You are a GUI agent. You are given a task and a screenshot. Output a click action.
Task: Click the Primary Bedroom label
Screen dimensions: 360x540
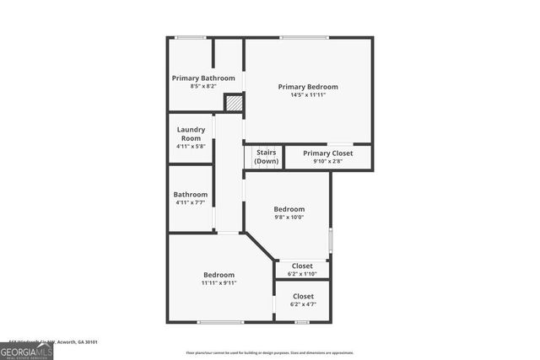click(x=308, y=87)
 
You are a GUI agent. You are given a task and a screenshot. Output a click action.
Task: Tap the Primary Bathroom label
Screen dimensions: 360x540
click(x=203, y=78)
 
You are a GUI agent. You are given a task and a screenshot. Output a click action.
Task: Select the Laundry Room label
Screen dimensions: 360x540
click(x=191, y=133)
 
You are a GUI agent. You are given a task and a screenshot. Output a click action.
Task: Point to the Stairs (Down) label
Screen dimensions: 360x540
click(x=267, y=157)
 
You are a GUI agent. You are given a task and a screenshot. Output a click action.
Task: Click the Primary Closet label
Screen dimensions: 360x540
click(x=327, y=153)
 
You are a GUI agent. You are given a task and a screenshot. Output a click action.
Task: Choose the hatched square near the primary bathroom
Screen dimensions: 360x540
click(x=234, y=103)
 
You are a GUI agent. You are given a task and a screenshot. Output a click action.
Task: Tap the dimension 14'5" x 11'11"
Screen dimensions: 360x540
click(x=308, y=95)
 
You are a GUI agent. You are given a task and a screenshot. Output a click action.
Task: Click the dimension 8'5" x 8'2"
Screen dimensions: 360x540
click(x=203, y=86)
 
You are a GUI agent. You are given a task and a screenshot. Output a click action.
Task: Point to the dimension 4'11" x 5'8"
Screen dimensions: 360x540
click(x=191, y=147)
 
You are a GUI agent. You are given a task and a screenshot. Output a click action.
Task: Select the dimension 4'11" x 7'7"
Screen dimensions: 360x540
click(x=191, y=202)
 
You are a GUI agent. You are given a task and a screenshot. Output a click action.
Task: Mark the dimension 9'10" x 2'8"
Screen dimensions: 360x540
click(x=327, y=161)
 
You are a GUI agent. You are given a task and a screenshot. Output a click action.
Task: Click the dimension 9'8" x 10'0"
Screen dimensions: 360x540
click(x=289, y=218)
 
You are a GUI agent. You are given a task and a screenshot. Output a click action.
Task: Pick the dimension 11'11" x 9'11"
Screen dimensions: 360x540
click(x=219, y=283)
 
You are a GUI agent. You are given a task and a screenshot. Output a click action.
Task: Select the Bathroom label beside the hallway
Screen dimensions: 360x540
click(x=191, y=195)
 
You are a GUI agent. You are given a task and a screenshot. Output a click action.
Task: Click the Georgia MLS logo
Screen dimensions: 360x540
click(x=26, y=351)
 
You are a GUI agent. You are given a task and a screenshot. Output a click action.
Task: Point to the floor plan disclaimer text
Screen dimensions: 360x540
click(x=270, y=352)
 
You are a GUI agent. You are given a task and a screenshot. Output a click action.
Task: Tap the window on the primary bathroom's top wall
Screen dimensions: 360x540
click(x=191, y=37)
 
